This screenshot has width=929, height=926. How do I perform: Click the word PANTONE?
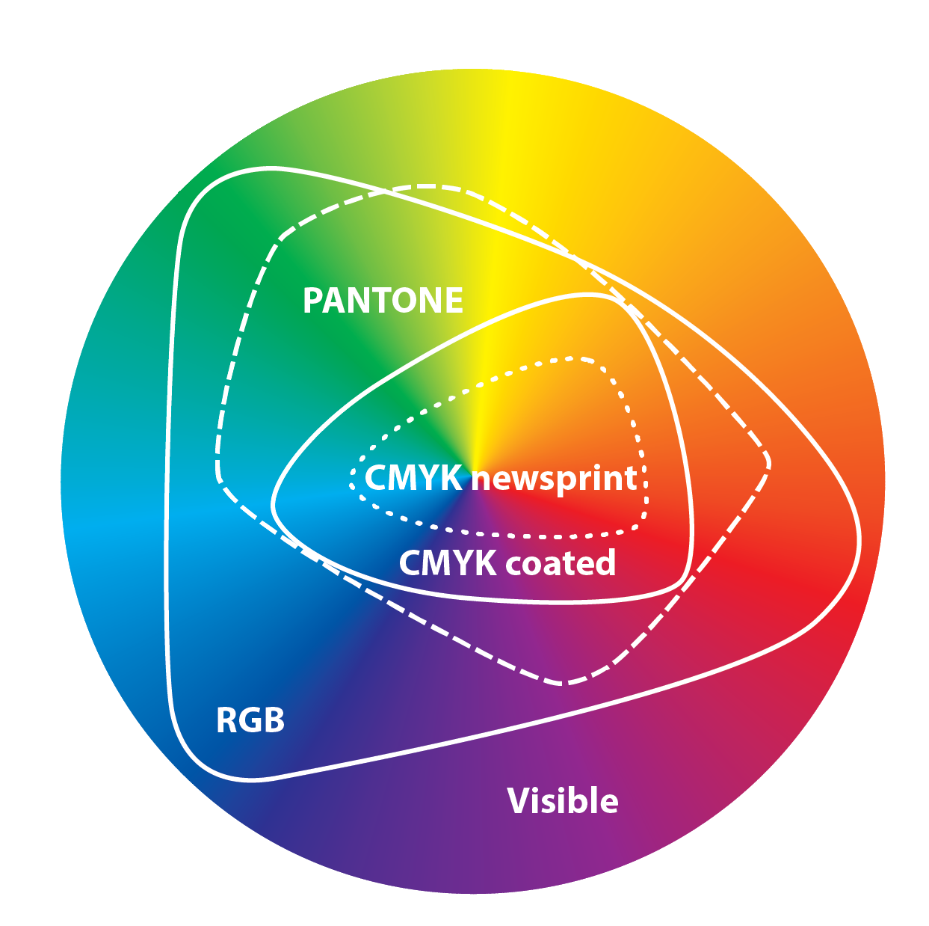[383, 301]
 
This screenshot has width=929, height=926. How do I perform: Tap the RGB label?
[250, 720]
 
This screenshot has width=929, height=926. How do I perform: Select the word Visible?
[563, 801]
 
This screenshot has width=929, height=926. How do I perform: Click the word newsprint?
[555, 479]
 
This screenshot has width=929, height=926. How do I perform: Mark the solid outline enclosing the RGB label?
[167, 524]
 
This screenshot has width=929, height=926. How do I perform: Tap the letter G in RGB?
[250, 720]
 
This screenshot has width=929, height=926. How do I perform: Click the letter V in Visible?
[518, 801]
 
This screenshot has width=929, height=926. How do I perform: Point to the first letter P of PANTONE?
[312, 301]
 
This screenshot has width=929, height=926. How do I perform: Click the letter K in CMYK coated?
[484, 563]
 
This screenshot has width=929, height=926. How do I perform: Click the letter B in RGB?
[274, 720]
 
